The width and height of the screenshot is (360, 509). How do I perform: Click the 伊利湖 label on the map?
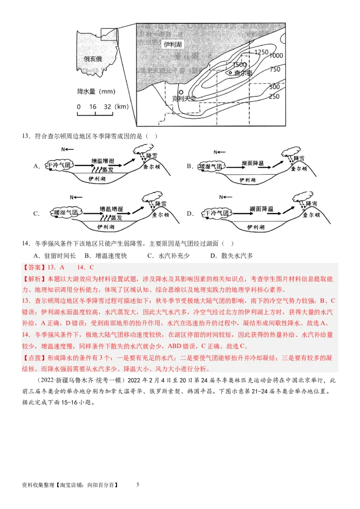click(173, 45)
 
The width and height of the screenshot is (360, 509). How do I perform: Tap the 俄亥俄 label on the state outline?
click(93, 59)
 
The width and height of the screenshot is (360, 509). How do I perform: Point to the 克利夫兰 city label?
click(184, 98)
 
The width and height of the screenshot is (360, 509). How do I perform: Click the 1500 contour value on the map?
click(239, 65)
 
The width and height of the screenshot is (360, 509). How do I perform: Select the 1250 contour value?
click(261, 52)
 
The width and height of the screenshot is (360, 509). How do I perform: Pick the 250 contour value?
click(274, 97)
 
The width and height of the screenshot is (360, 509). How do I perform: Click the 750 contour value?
click(274, 69)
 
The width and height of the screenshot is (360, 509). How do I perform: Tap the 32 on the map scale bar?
click(107, 107)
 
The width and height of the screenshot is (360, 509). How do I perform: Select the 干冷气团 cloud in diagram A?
click(60, 166)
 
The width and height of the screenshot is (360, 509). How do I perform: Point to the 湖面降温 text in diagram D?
click(261, 209)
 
